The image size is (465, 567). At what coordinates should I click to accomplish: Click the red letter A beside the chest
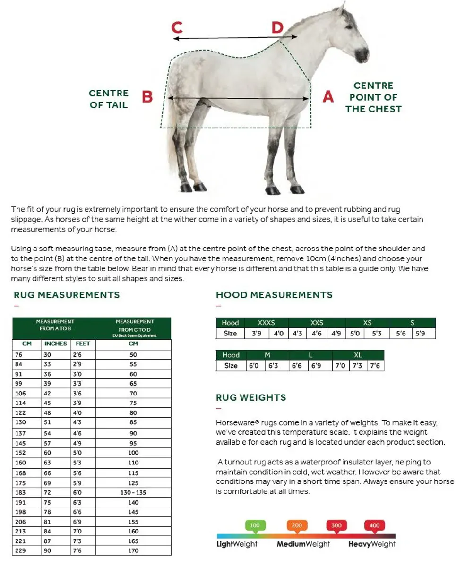[328, 97]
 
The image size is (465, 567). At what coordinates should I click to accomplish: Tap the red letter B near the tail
[147, 97]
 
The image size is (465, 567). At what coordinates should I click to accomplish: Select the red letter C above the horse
[177, 27]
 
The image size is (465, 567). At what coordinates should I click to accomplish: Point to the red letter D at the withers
[277, 27]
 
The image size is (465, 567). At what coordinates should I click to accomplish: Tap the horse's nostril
[366, 51]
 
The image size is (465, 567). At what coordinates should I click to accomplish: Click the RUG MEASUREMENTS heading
[67, 295]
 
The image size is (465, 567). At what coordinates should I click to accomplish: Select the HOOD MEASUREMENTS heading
[274, 295]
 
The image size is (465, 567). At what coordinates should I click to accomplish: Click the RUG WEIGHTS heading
[251, 397]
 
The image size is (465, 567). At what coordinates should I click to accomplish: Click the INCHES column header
[56, 344]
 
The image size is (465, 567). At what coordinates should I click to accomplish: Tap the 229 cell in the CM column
[19, 551]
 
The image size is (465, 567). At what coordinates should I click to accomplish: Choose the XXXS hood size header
[267, 323]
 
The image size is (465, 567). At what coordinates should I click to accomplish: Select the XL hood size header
[358, 355]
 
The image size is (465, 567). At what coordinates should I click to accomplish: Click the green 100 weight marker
[255, 525]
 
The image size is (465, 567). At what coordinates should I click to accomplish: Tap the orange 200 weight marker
[297, 525]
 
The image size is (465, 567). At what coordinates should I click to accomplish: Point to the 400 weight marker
[374, 525]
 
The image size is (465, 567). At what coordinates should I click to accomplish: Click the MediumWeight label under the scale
[303, 544]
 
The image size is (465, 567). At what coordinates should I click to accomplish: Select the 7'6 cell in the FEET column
[78, 551]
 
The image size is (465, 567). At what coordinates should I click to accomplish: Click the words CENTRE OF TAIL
[109, 99]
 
